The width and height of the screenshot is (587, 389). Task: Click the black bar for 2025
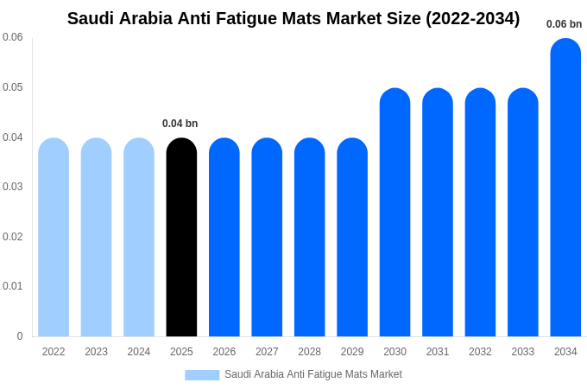pyautogui.click(x=181, y=238)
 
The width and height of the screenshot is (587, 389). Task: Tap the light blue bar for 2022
pyautogui.click(x=54, y=238)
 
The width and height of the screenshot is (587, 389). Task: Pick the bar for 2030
pyautogui.click(x=394, y=213)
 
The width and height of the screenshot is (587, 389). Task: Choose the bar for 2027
pyautogui.click(x=267, y=238)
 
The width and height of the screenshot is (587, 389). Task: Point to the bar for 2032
pyautogui.click(x=480, y=213)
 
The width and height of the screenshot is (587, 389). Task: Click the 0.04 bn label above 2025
pyautogui.click(x=180, y=124)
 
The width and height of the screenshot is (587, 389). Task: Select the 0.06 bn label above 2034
pyautogui.click(x=564, y=24)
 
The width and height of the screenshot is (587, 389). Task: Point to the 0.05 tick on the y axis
pyautogui.click(x=13, y=87)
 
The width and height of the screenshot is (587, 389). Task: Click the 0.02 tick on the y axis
pyautogui.click(x=13, y=237)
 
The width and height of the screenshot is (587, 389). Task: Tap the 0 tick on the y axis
pyautogui.click(x=20, y=336)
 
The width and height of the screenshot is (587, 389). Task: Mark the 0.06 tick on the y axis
pyautogui.click(x=13, y=37)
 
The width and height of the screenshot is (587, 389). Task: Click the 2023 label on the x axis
pyautogui.click(x=96, y=352)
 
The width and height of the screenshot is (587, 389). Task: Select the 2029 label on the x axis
pyautogui.click(x=352, y=352)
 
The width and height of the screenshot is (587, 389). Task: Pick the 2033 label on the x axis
pyautogui.click(x=522, y=352)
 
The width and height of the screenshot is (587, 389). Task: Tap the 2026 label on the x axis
pyautogui.click(x=224, y=352)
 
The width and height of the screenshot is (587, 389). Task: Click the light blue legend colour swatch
pyautogui.click(x=202, y=375)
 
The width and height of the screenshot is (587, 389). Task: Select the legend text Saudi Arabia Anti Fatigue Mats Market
pyautogui.click(x=313, y=374)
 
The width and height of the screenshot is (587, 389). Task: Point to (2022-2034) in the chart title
pyautogui.click(x=472, y=18)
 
